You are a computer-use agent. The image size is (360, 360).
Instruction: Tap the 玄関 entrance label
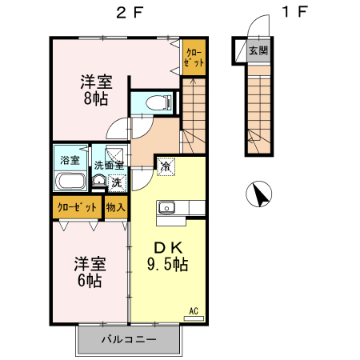258,50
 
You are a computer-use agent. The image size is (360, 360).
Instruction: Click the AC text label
194,310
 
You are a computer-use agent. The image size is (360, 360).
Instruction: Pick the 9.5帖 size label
167,264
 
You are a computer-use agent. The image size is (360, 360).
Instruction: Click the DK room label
166,246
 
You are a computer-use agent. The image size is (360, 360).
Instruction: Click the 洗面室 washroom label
109,166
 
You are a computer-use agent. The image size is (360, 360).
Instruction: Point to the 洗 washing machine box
116,182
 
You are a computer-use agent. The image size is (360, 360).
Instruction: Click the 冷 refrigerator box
165,167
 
